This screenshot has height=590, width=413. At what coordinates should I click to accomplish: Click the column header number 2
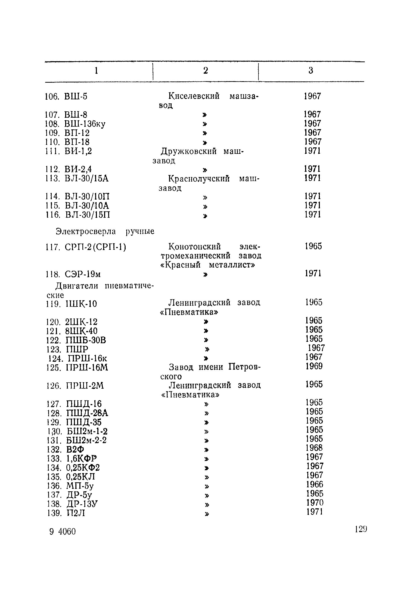pyautogui.click(x=206, y=70)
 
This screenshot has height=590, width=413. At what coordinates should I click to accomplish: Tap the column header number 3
pyautogui.click(x=311, y=70)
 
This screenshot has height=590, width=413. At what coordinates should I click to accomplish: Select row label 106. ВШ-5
pyautogui.click(x=66, y=97)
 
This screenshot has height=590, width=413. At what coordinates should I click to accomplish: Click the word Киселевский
pyautogui.click(x=194, y=96)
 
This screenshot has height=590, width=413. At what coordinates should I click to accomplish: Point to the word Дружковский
pyautogui.click(x=189, y=151)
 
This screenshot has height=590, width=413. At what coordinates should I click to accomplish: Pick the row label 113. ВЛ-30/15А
pyautogui.click(x=77, y=178)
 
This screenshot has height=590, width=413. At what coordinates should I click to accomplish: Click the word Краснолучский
pyautogui.click(x=199, y=179)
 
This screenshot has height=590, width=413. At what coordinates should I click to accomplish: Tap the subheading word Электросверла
pyautogui.click(x=86, y=232)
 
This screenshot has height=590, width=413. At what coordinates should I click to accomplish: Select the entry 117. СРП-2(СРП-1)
pyautogui.click(x=86, y=247)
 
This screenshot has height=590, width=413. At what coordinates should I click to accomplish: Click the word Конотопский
pyautogui.click(x=195, y=247)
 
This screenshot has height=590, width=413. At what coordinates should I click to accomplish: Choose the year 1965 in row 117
pyautogui.click(x=313, y=246)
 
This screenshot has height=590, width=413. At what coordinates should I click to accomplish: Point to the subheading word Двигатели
pyautogui.click(x=77, y=286)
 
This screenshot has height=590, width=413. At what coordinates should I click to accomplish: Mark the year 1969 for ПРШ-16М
pyautogui.click(x=314, y=366)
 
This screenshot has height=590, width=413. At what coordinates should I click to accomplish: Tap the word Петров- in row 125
pyautogui.click(x=244, y=367)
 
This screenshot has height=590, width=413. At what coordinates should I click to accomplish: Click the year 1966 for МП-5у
pyautogui.click(x=315, y=484)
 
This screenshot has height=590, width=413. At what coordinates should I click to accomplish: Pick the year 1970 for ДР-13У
pyautogui.click(x=315, y=503)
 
